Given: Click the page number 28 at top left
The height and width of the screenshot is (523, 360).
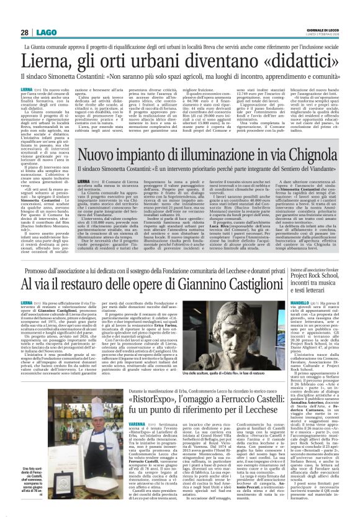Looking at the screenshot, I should [x=25, y=32].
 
